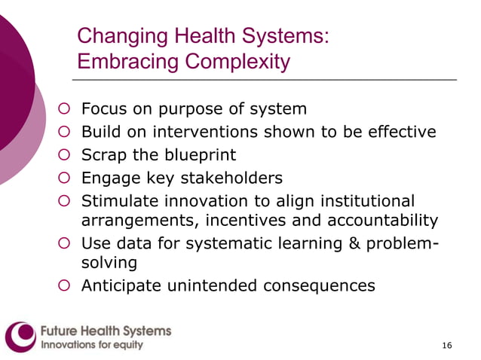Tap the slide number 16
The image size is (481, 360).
(x=447, y=345)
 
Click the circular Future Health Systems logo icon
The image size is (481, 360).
(x=20, y=337)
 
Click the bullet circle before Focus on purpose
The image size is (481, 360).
(x=65, y=109)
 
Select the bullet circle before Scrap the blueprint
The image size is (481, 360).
(x=65, y=155)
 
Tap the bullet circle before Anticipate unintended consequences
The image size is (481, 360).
(x=65, y=285)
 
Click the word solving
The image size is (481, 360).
(x=109, y=264)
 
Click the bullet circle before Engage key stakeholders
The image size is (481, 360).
(x=65, y=178)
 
